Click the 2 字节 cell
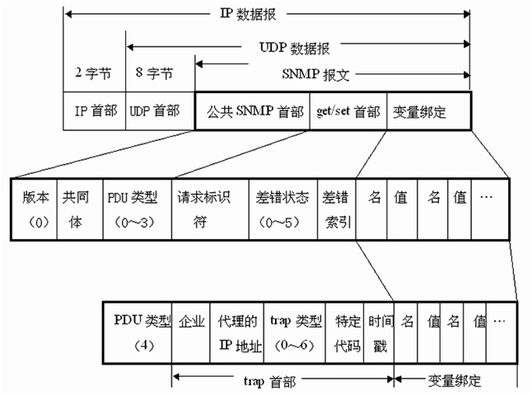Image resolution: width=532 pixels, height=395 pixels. pyautogui.click(x=93, y=74)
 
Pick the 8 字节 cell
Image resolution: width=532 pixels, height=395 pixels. pyautogui.click(x=154, y=74)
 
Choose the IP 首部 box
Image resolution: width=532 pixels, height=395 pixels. pyautogui.click(x=93, y=111)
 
